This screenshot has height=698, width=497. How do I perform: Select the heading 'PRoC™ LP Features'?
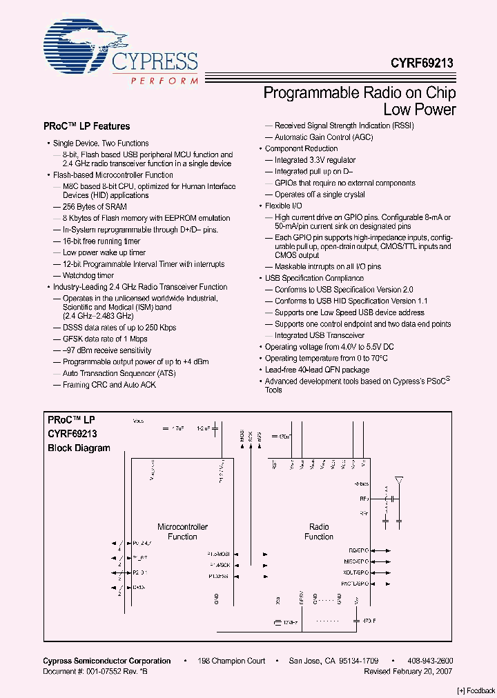point(86,127)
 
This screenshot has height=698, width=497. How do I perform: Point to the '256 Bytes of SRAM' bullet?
point(95,206)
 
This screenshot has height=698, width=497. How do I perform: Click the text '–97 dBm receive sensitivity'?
point(107,350)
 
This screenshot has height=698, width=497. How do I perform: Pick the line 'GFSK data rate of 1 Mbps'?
point(105,339)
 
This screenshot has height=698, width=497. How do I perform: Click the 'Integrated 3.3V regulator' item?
point(315,160)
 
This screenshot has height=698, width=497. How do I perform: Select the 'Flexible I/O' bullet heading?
point(284,206)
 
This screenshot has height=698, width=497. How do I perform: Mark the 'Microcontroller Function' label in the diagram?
point(183,532)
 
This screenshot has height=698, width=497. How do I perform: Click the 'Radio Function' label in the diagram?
point(319,532)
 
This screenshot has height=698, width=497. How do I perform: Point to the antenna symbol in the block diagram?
point(398,481)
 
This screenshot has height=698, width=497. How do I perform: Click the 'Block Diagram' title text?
point(79,448)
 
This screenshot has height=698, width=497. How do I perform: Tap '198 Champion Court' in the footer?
point(231,661)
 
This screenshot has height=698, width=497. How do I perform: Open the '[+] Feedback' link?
point(476,690)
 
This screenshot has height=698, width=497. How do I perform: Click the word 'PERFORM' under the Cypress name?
point(165,81)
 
